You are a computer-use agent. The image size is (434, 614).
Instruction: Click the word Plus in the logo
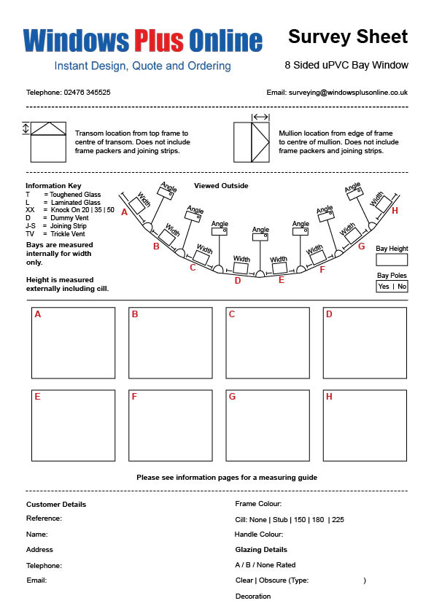coord(159,40)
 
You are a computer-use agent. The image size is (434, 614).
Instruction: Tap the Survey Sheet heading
coord(348,36)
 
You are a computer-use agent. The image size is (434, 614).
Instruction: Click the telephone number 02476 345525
coord(87,93)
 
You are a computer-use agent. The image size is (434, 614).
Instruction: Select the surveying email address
coord(348,93)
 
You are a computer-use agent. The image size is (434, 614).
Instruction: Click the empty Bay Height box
coord(392,260)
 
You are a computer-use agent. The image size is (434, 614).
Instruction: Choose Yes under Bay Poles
coord(384,287)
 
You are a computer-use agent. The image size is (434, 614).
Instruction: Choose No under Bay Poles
coord(402,287)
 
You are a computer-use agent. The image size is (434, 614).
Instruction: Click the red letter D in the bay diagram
coord(238,281)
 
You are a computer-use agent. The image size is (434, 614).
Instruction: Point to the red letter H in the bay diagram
coord(395,211)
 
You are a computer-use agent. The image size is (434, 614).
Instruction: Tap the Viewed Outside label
coord(221,186)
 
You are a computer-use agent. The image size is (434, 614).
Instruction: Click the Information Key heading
coord(53,186)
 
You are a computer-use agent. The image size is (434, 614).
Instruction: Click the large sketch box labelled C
coord(268,343)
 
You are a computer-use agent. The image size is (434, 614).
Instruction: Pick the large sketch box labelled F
coord(171,426)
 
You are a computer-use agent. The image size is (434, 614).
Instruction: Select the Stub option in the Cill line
coord(280,520)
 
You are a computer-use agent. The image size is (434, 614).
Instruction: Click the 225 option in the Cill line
coord(338,520)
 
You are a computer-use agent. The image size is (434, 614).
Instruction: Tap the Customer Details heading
coord(56,505)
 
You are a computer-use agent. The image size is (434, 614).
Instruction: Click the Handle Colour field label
coord(258,534)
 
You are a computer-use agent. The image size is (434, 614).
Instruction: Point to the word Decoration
coord(253,596)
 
